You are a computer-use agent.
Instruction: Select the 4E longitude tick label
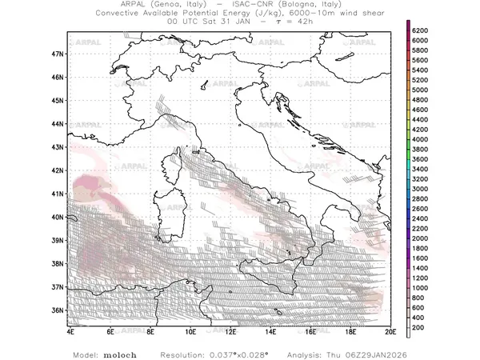pyautogui.click(x=70, y=331)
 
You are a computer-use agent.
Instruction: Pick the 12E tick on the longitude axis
pyautogui.click(x=230, y=331)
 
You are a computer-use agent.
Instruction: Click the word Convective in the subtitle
pyautogui.click(x=121, y=14)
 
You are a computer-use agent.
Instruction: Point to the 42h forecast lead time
pyautogui.click(x=302, y=22)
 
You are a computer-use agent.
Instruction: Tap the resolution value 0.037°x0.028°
pyautogui.click(x=240, y=353)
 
